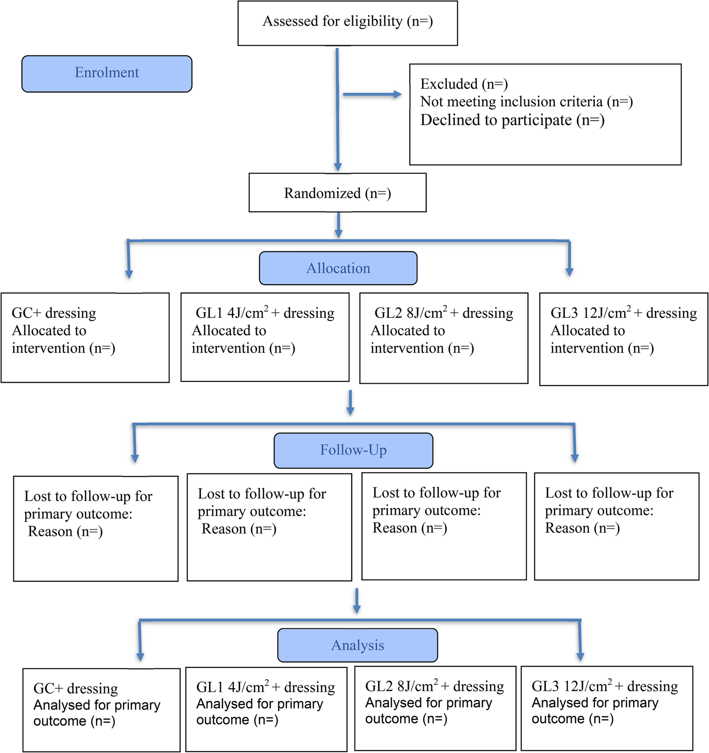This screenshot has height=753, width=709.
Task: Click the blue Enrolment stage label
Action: [107, 73]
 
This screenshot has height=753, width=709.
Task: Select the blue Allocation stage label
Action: [338, 268]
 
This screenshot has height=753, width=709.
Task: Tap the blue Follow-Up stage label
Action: [353, 450]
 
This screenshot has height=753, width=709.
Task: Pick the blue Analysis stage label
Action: [357, 645]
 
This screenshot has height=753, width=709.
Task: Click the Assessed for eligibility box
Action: [348, 23]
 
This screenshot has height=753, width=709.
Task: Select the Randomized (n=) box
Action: [337, 193]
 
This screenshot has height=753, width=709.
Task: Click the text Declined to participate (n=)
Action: [512, 120]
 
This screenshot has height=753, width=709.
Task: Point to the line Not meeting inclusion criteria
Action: [526, 101]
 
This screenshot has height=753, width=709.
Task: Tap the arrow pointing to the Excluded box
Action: [372, 94]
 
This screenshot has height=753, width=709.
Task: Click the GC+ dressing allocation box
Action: [85, 338]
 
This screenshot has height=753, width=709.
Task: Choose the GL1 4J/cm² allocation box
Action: [265, 337]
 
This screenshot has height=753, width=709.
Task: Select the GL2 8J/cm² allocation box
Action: [444, 338]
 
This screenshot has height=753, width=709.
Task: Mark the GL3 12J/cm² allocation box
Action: [623, 339]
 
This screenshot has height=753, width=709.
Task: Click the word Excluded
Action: [449, 84]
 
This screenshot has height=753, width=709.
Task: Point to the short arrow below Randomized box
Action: [339, 225]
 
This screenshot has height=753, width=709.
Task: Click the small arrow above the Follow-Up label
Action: [350, 403]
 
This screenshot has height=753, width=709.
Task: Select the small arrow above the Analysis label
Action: [357, 601]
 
